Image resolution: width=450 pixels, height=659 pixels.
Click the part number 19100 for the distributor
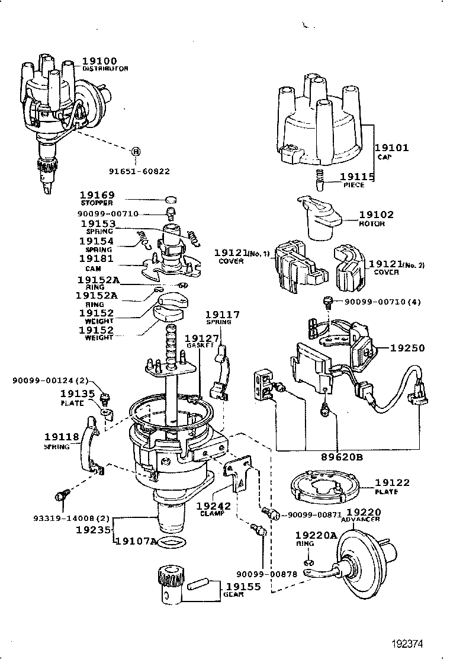coord(99,61)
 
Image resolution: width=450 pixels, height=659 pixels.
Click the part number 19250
coord(407,348)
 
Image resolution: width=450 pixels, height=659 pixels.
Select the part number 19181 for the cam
coord(97,259)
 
